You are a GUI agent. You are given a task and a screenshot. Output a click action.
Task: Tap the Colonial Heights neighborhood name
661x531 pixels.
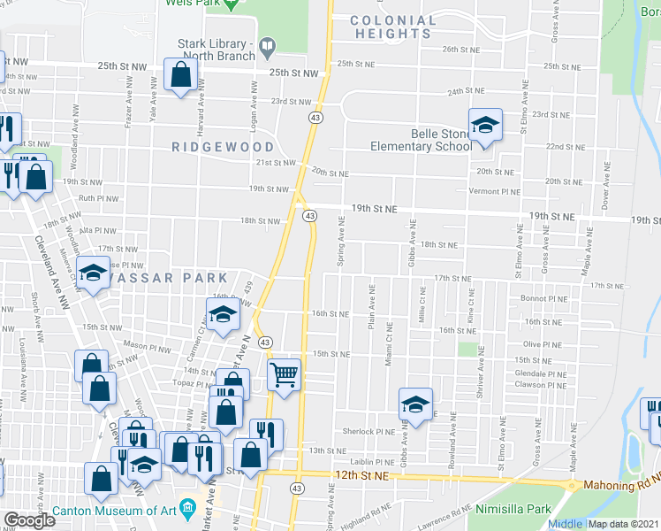[x=393, y=27]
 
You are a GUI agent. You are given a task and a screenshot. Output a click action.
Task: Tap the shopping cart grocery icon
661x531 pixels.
[x=284, y=375]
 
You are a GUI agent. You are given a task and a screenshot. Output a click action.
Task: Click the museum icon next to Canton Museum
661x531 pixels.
[x=187, y=509]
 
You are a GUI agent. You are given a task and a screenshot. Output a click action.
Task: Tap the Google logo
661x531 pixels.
[x=30, y=521]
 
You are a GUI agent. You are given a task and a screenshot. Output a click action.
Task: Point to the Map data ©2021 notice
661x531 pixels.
[x=624, y=524]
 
